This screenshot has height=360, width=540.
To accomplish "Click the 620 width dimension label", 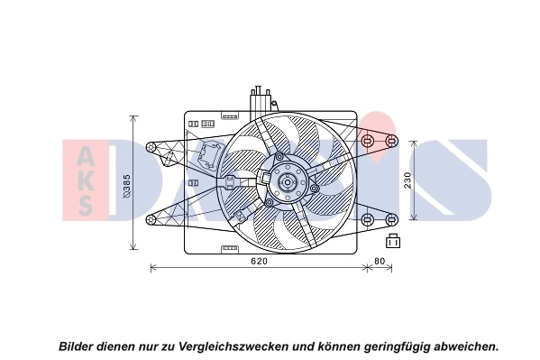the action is (x=258, y=262).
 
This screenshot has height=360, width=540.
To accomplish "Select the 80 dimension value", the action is (x=379, y=262).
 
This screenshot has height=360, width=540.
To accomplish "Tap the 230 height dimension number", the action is (x=407, y=181).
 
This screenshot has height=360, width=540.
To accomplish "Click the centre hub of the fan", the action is (x=288, y=183).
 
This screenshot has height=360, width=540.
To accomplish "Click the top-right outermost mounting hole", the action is (x=392, y=142).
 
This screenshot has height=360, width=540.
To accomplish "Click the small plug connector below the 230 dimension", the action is (x=393, y=241).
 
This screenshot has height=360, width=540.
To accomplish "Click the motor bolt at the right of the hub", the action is (x=315, y=188).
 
